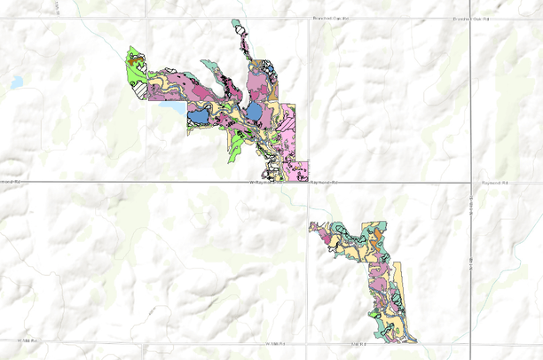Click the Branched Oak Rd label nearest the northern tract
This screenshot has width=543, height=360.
(x=331, y=18)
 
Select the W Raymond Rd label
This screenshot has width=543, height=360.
(x=266, y=182)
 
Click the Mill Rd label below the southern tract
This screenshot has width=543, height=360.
(x=358, y=342)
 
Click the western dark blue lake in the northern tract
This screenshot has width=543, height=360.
(x=198, y=115)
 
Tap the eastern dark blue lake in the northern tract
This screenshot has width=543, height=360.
(x=255, y=112)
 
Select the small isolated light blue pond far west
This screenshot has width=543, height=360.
(x=17, y=82)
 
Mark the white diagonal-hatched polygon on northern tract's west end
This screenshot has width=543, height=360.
(x=138, y=88)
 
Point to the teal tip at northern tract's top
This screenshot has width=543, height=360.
(x=236, y=24)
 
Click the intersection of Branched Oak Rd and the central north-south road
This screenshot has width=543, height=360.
(x=309, y=19)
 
